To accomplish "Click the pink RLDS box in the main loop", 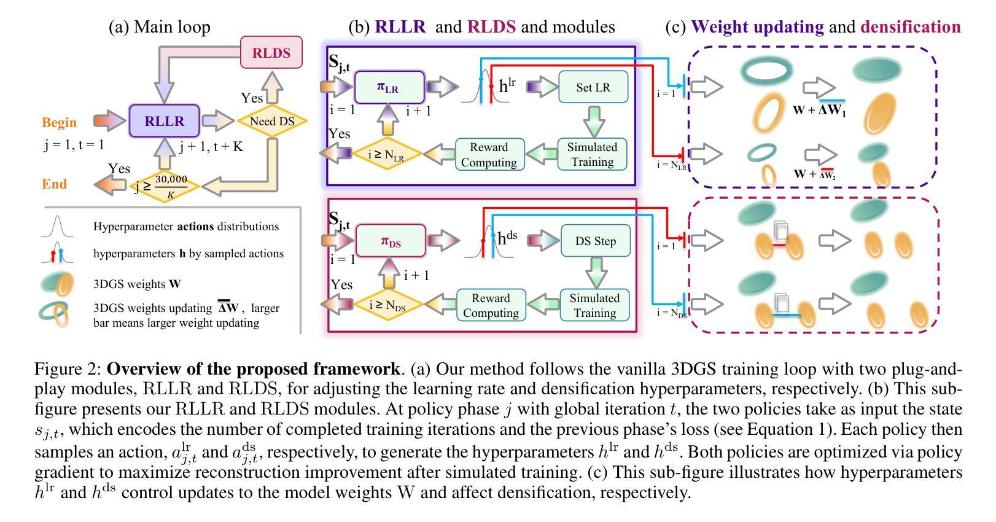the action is [x=271, y=52].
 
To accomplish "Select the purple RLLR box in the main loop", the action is [x=164, y=120].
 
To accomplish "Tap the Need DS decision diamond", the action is [x=272, y=121].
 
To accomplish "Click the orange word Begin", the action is [x=59, y=122].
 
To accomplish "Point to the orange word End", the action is [x=54, y=184].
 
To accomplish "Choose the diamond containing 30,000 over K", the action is [x=165, y=186].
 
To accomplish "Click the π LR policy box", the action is [x=389, y=87].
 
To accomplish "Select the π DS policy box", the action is [x=391, y=241].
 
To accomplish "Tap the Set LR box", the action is [x=593, y=87].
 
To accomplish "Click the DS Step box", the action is [x=596, y=241].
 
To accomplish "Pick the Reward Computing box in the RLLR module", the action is [x=489, y=154].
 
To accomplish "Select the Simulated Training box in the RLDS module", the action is [x=595, y=305].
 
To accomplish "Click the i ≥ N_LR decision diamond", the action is [x=386, y=154].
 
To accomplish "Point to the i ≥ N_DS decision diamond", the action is [x=387, y=305].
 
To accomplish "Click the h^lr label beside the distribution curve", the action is [x=507, y=85].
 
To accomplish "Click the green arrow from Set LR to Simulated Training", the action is [x=594, y=121].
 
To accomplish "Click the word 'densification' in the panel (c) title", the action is [x=911, y=26].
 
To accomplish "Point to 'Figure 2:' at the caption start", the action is [x=69, y=369].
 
